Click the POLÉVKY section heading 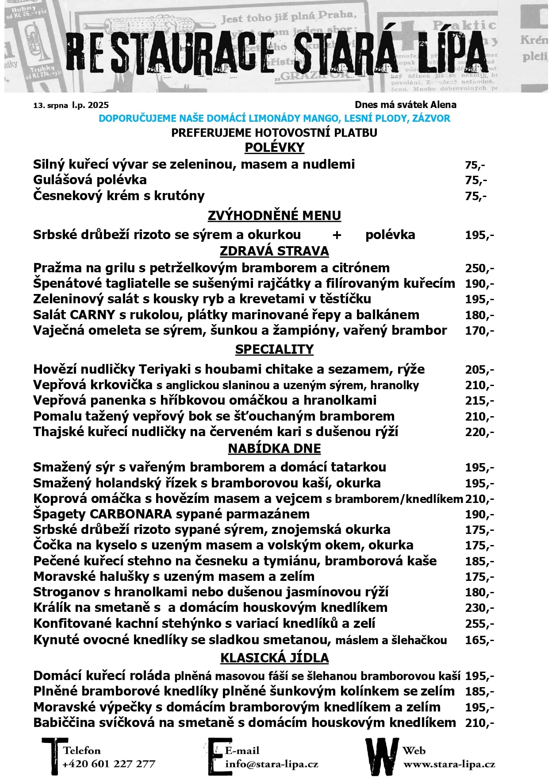click(274, 147)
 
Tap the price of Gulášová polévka click(476, 180)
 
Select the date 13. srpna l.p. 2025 click(71, 105)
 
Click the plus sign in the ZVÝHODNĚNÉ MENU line click(337, 235)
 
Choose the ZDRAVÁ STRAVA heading click(274, 251)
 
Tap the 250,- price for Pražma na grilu click(479, 268)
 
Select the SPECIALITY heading click(274, 349)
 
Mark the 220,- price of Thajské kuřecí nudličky click(479, 432)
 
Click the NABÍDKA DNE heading click(274, 448)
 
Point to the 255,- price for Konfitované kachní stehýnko click(479, 624)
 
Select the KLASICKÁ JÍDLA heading click(274, 658)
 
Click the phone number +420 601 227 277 click(109, 764)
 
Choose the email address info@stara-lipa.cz click(272, 764)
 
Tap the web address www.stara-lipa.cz click(449, 765)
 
